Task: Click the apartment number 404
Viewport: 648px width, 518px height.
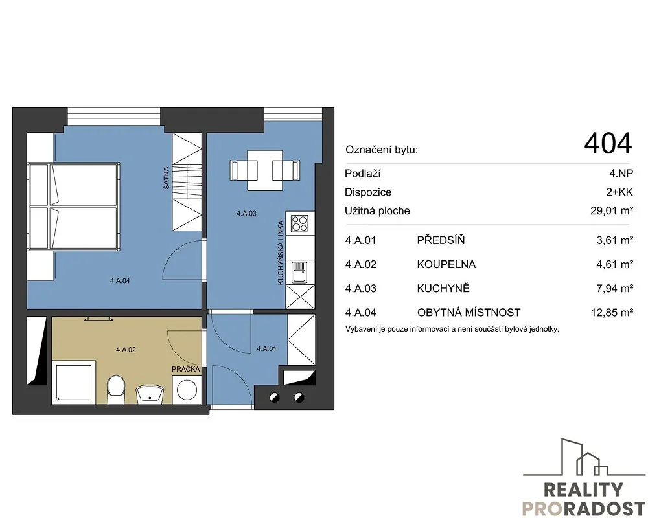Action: click(x=608, y=143)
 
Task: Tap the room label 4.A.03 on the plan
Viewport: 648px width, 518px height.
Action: click(x=246, y=214)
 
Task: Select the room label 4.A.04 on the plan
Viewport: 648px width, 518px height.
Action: click(x=120, y=281)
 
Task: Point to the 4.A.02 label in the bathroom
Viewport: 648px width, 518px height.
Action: click(x=126, y=350)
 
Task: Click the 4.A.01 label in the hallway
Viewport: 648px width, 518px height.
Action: click(x=266, y=348)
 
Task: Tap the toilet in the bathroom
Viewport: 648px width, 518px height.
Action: click(x=115, y=390)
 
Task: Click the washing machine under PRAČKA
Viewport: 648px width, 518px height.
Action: click(x=187, y=390)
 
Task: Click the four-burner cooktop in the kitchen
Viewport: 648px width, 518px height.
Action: click(x=299, y=223)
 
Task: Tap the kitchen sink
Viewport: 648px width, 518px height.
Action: click(x=299, y=272)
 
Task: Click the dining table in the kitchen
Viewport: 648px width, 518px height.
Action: click(x=265, y=170)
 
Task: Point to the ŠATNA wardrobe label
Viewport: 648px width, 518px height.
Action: click(x=166, y=178)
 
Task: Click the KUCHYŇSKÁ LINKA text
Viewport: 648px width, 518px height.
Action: click(x=281, y=253)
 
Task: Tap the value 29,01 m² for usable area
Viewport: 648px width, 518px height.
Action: click(x=612, y=210)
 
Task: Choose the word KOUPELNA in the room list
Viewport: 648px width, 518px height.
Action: click(x=446, y=264)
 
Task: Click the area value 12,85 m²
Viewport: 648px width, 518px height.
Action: click(x=612, y=313)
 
